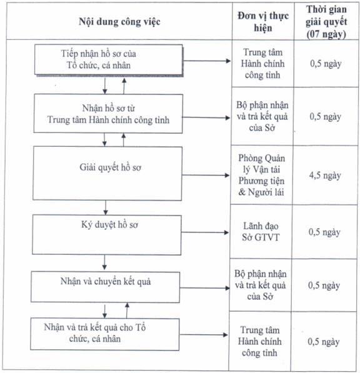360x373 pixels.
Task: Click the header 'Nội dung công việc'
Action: (x=119, y=22)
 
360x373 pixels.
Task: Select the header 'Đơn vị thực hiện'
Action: (x=263, y=22)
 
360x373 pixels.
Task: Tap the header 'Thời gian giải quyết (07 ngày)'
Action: (x=326, y=22)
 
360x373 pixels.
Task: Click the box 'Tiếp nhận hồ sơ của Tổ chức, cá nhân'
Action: (x=109, y=60)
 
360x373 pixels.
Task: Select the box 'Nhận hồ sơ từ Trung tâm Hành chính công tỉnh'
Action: (x=108, y=114)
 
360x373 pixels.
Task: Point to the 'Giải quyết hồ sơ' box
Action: (x=107, y=173)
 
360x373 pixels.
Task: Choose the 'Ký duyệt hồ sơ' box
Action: (x=107, y=235)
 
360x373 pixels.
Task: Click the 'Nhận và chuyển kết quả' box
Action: (x=106, y=287)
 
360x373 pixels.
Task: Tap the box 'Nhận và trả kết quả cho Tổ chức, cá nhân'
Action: (x=105, y=334)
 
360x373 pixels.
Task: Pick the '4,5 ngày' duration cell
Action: (x=325, y=176)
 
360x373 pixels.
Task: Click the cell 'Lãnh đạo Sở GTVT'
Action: (x=261, y=232)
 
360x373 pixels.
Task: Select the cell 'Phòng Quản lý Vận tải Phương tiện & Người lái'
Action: (x=261, y=175)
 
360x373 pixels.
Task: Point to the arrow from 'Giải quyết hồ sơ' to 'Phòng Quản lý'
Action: (x=206, y=176)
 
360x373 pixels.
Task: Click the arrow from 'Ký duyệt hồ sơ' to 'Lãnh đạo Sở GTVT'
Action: (x=205, y=232)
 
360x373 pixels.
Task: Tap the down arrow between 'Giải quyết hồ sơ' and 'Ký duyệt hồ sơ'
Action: (x=106, y=207)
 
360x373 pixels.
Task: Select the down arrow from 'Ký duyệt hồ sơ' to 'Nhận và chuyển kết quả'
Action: (x=104, y=262)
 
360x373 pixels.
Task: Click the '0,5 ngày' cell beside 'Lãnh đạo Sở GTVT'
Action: (x=324, y=232)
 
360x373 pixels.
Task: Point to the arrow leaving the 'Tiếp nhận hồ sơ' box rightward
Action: (x=207, y=61)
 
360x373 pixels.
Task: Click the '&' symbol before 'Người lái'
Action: (x=242, y=192)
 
